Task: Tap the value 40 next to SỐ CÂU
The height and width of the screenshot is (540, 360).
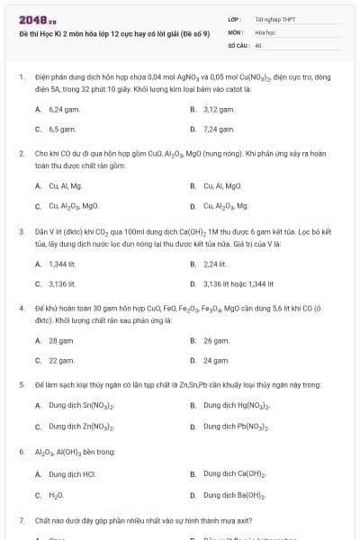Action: (x=258, y=44)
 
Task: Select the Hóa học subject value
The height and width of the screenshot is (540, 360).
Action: (x=265, y=31)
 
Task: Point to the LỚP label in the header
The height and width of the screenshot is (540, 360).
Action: (x=234, y=18)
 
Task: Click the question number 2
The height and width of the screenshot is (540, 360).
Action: (x=21, y=154)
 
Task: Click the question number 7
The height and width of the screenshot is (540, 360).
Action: (x=21, y=520)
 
